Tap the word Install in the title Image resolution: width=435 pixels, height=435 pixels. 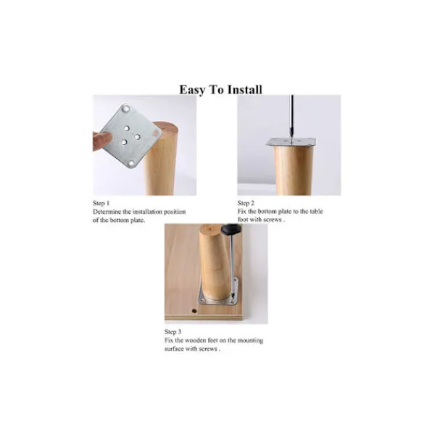(x=244, y=90)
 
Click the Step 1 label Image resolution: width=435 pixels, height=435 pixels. (x=101, y=203)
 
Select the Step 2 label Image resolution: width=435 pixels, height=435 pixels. (x=246, y=203)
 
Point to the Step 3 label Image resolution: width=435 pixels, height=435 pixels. (x=173, y=332)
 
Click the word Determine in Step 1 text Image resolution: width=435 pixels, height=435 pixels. (x=107, y=212)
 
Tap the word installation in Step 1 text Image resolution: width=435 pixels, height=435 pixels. (x=147, y=212)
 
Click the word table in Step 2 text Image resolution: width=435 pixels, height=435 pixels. (x=316, y=212)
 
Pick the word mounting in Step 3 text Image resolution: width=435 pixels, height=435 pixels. (x=250, y=341)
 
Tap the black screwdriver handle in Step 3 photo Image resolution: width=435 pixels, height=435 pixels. (x=231, y=229)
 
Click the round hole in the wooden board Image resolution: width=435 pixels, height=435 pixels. (x=194, y=311)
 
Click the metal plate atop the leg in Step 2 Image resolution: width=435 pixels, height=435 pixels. (x=291, y=142)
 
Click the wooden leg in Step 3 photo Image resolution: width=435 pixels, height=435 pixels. (x=215, y=264)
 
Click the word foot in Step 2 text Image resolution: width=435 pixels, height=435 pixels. (x=242, y=220)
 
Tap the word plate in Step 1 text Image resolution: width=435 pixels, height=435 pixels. (x=137, y=220)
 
